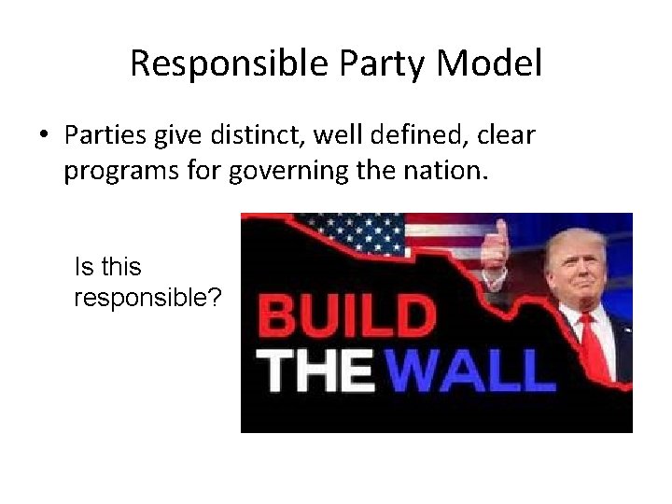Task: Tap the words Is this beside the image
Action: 107,268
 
